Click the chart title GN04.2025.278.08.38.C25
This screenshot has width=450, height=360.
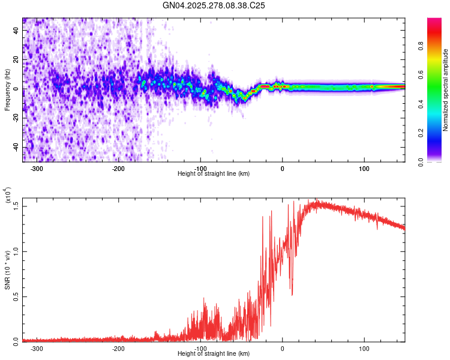(x=214, y=5)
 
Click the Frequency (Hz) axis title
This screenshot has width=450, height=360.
(x=7, y=90)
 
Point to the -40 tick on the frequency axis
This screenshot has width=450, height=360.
(x=16, y=147)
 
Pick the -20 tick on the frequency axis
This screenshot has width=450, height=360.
(x=16, y=118)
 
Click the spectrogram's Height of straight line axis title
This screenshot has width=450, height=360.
(x=214, y=174)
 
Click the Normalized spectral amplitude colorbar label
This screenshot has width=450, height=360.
(x=446, y=90)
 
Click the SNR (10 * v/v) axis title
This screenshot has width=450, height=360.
(x=7, y=270)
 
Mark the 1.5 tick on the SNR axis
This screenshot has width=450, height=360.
(x=16, y=206)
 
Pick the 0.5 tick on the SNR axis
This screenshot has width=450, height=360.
(x=16, y=296)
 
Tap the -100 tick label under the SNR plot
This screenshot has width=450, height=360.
(x=200, y=349)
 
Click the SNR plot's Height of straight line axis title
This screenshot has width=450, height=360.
(x=214, y=354)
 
